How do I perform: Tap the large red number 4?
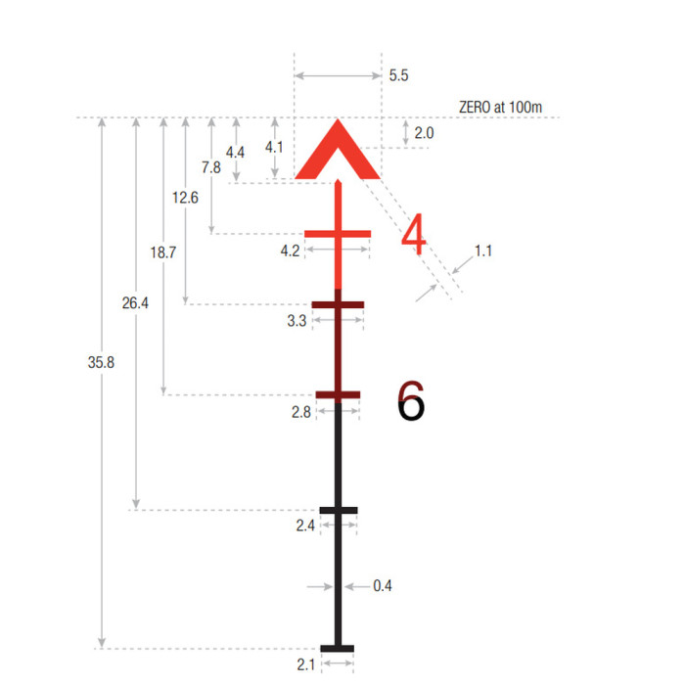pos(413,234)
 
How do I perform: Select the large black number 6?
pos(411,400)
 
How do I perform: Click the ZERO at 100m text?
pos(500,107)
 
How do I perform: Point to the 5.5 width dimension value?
pos(398,75)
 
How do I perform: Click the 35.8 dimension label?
pos(101,362)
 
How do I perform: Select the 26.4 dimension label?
pos(135,302)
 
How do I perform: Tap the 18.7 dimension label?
pos(163,252)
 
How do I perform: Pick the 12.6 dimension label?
pos(185,198)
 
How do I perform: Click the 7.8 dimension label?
pos(211,167)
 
